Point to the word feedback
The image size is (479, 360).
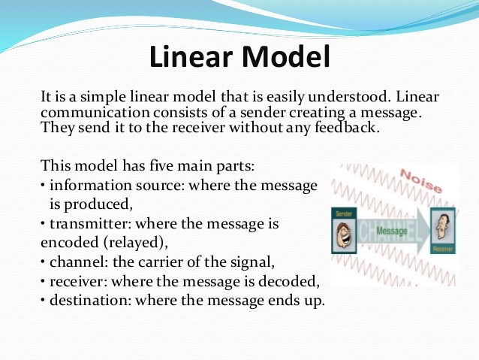click(339, 128)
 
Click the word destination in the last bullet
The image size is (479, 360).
click(83, 301)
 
